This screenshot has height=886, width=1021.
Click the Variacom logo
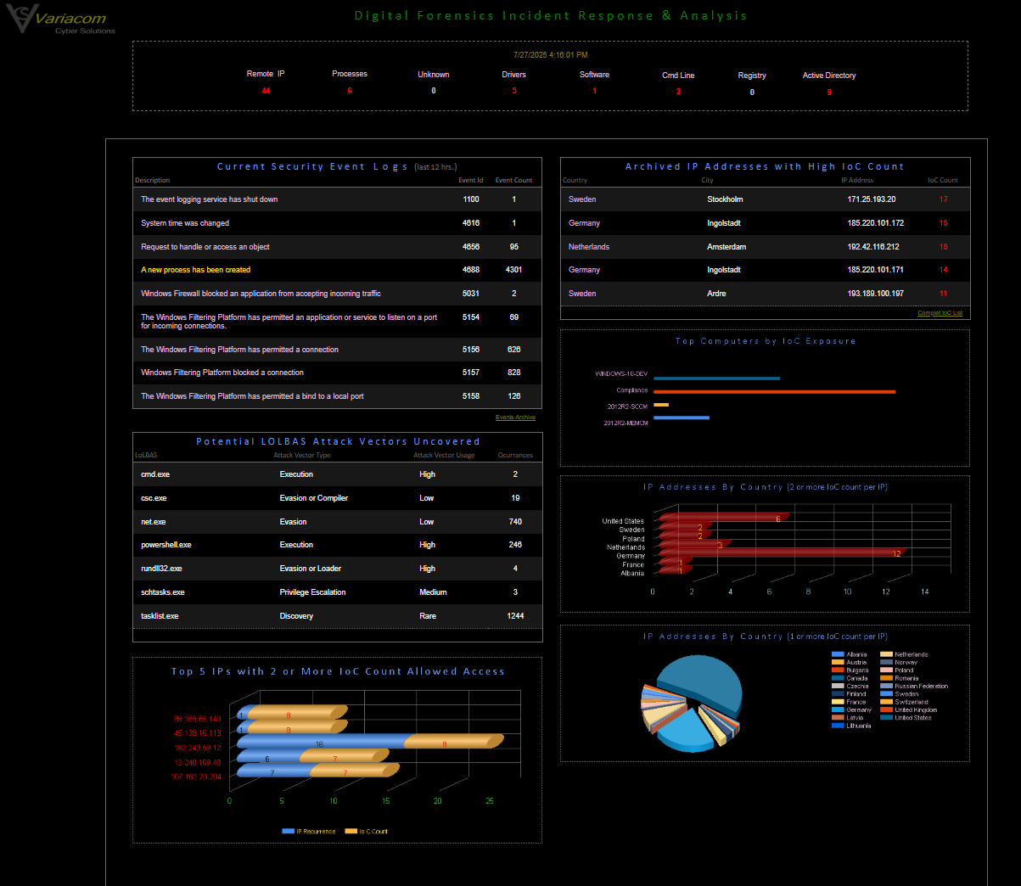(x=59, y=20)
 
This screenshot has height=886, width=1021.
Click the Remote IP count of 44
(x=266, y=91)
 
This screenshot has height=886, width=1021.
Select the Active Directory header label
(x=829, y=76)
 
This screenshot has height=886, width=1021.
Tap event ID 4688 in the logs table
(x=471, y=270)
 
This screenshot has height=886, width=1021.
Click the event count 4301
(x=513, y=270)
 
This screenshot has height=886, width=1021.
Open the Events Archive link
(x=515, y=418)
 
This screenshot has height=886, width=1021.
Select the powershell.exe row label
(x=166, y=545)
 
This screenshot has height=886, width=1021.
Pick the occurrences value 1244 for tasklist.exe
(x=515, y=616)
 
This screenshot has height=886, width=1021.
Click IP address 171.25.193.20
(x=871, y=199)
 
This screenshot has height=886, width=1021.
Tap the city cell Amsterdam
(x=726, y=247)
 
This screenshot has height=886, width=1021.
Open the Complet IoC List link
(x=940, y=313)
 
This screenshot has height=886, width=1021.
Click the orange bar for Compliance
(x=774, y=391)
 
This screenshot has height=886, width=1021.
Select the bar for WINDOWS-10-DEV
(x=716, y=379)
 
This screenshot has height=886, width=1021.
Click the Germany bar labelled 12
(x=781, y=552)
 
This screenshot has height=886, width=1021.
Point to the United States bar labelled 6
(x=721, y=517)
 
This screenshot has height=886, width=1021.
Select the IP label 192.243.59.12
(x=198, y=748)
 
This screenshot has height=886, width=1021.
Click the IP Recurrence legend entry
(x=310, y=832)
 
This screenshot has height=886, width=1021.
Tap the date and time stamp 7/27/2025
(x=550, y=55)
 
